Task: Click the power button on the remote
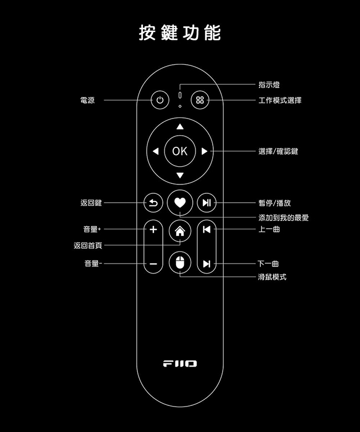pos(160,100)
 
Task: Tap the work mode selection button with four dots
pos(200,100)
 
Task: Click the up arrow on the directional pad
pos(179,127)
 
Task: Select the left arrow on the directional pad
pos(155,151)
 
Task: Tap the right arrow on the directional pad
pos(204,151)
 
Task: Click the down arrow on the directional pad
pos(179,175)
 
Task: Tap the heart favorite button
pos(179,203)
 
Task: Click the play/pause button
pos(206,203)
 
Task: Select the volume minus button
pos(153,264)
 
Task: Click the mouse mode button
pos(179,263)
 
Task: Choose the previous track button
pos(206,229)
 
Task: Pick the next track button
pos(206,264)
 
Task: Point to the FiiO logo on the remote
pos(179,364)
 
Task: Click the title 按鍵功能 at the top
pos(179,33)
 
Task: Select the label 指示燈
pos(269,85)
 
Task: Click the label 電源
pos(88,100)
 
